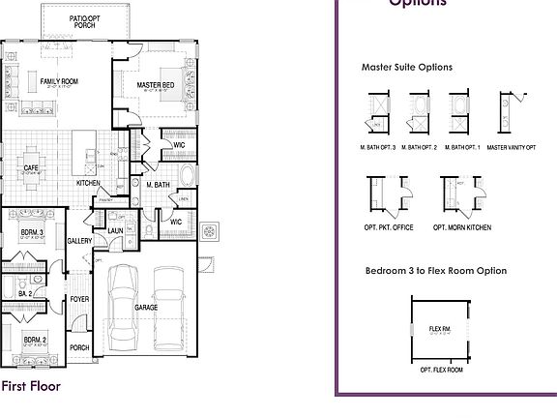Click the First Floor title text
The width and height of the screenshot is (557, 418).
pyautogui.click(x=31, y=386)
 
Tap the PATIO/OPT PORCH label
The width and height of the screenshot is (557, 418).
pyautogui.click(x=84, y=21)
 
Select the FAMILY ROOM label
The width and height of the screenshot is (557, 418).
pyautogui.click(x=58, y=81)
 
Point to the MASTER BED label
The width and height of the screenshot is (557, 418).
pyautogui.click(x=156, y=85)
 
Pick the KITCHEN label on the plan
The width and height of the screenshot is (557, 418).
pyautogui.click(x=88, y=183)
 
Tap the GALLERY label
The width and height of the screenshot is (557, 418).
pyautogui.click(x=79, y=241)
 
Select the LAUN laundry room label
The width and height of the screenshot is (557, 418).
pyautogui.click(x=115, y=230)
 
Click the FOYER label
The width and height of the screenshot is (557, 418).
pyautogui.click(x=79, y=299)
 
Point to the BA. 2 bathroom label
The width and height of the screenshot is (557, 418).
pyautogui.click(x=25, y=292)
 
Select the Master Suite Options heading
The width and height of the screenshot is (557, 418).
pyautogui.click(x=406, y=68)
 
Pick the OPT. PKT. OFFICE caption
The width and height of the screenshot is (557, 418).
pyautogui.click(x=389, y=227)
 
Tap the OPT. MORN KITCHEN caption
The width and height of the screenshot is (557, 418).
pyautogui.click(x=461, y=227)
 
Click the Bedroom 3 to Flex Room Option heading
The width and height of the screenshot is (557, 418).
pyautogui.click(x=435, y=271)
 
